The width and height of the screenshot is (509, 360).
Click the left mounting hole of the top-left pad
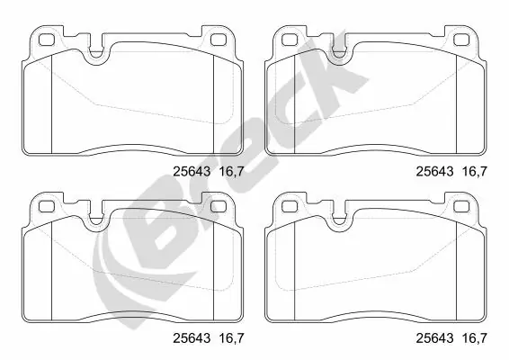click(x=43, y=40)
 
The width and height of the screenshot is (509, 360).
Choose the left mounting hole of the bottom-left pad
click(x=43, y=206)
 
